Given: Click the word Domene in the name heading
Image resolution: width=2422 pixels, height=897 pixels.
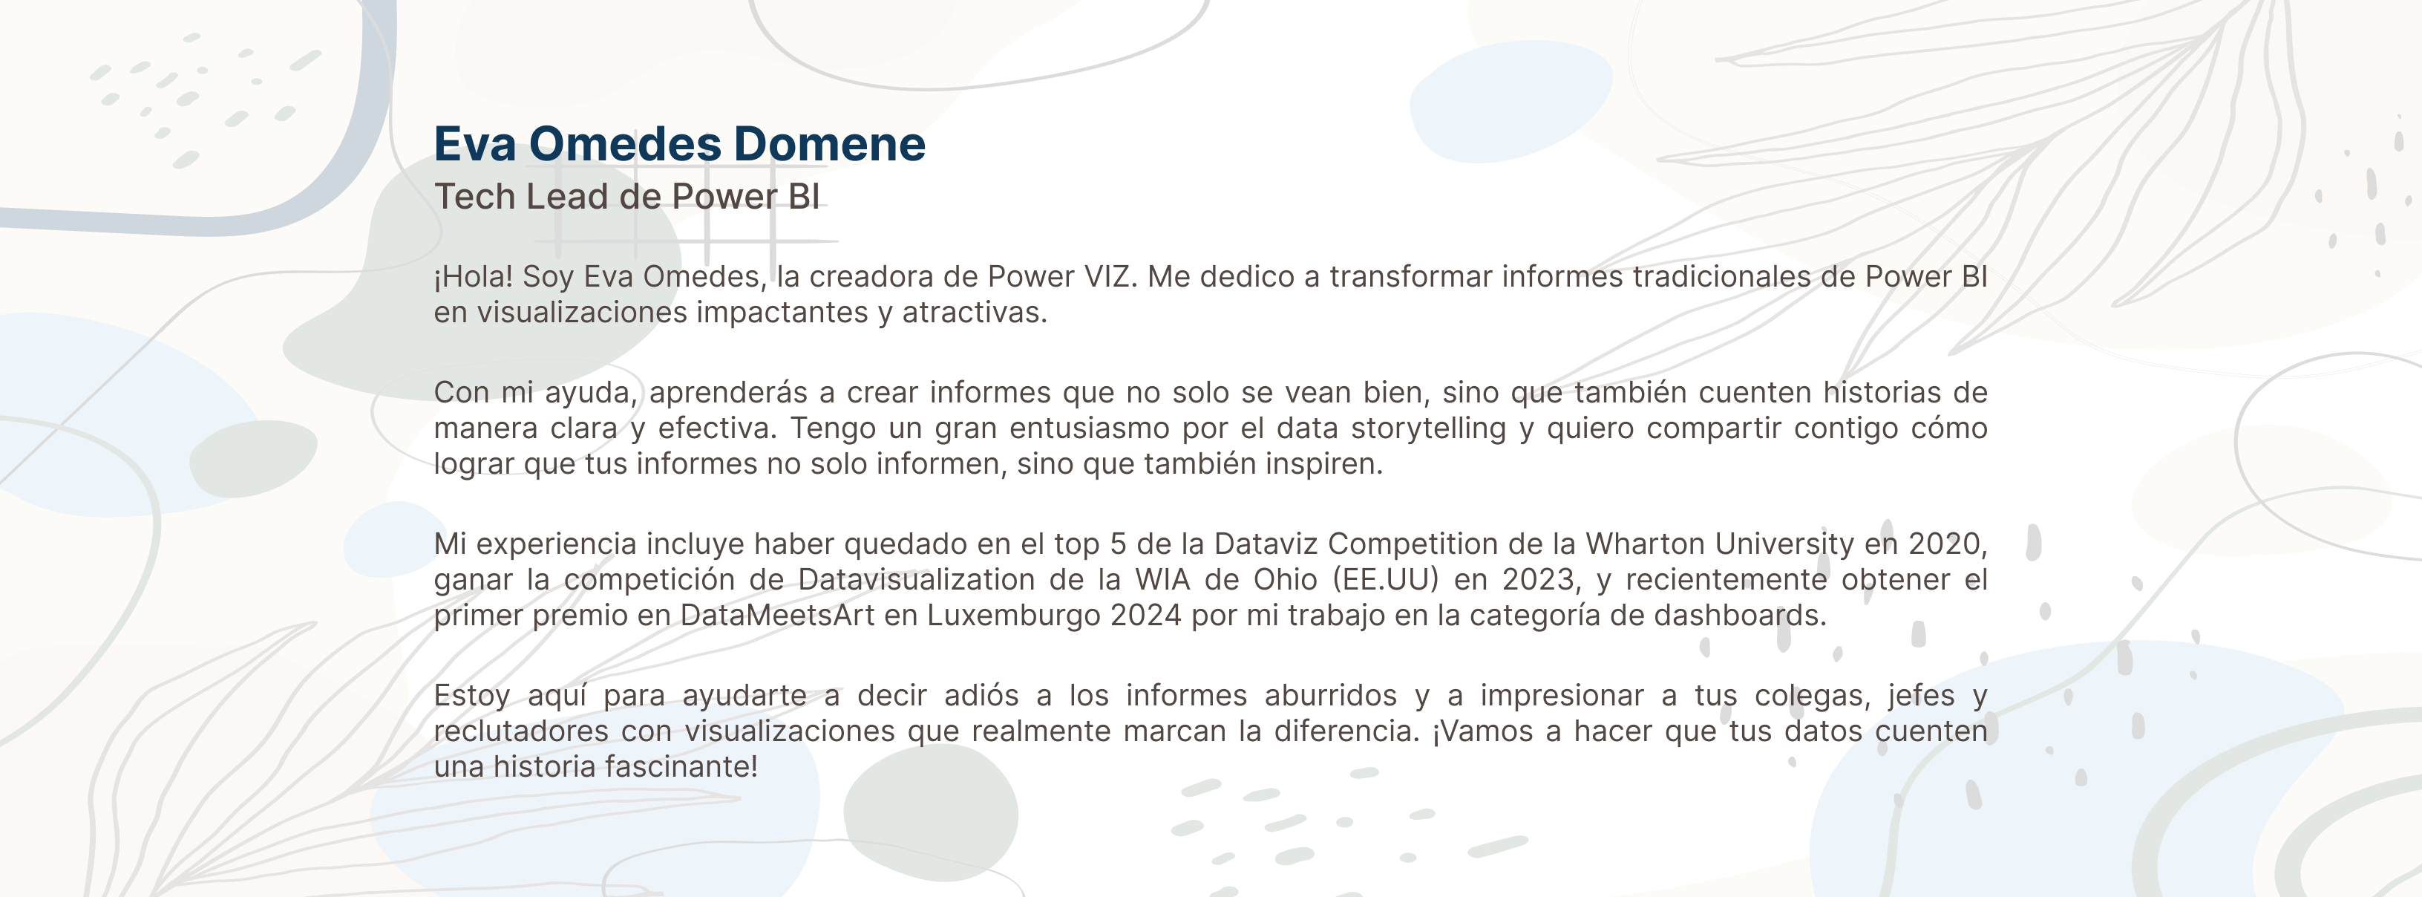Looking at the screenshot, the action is click(x=829, y=144).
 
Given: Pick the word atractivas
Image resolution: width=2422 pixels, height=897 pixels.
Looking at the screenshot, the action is click(x=975, y=312).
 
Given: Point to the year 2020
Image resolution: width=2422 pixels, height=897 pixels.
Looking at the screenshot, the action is click(x=1946, y=544).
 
